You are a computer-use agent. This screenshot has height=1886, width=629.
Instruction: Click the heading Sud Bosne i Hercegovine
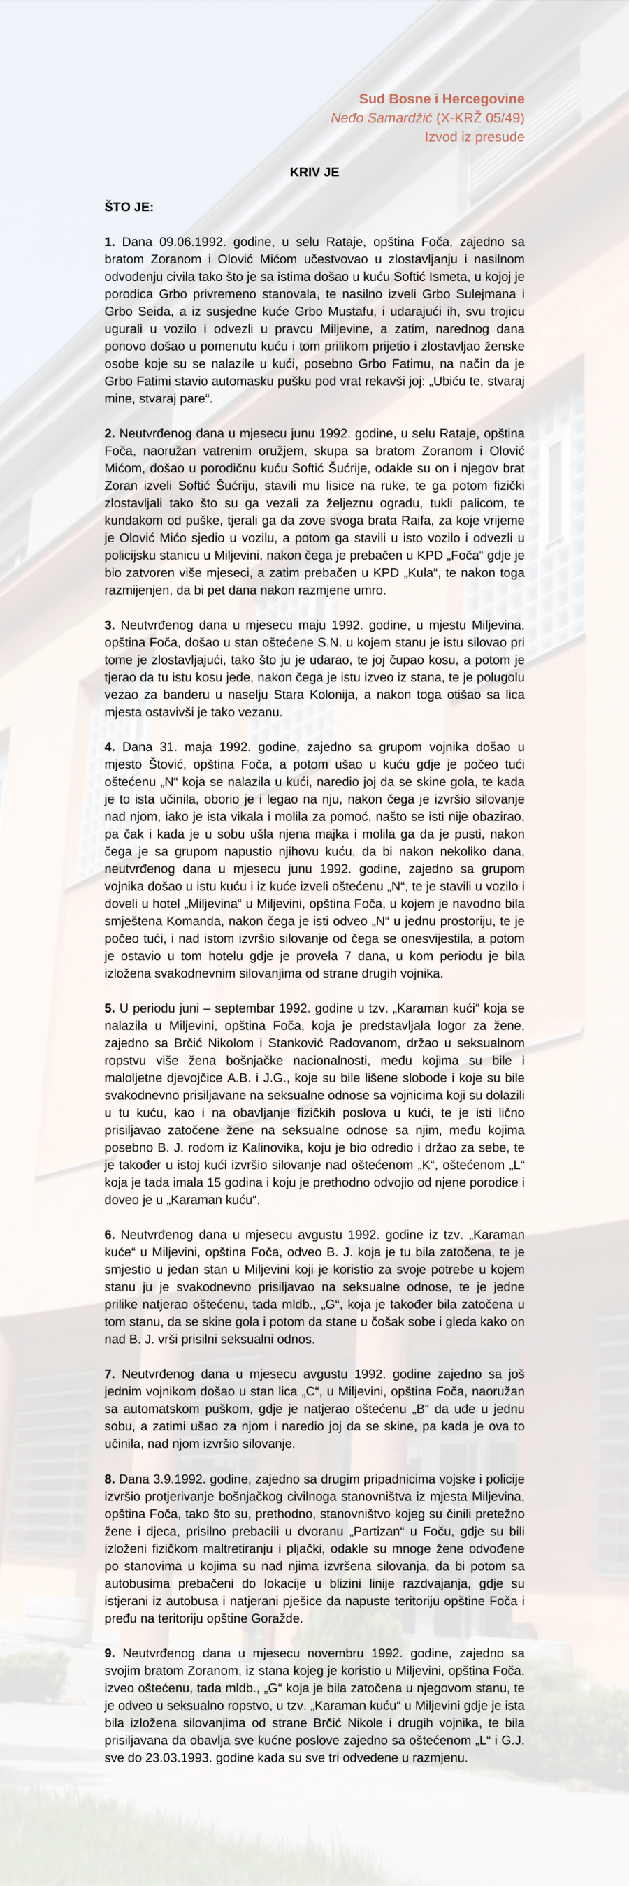[442, 99]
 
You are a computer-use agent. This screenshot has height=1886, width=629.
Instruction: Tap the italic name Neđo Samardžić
[382, 118]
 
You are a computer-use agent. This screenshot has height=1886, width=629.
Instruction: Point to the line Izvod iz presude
[475, 137]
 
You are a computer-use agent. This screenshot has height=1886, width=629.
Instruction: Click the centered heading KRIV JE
[314, 172]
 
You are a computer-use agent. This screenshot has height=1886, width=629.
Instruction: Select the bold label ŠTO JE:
[129, 208]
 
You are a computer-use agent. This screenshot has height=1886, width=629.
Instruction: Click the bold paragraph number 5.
[110, 1008]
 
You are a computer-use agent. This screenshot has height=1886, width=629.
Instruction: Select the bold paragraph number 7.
[110, 1374]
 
